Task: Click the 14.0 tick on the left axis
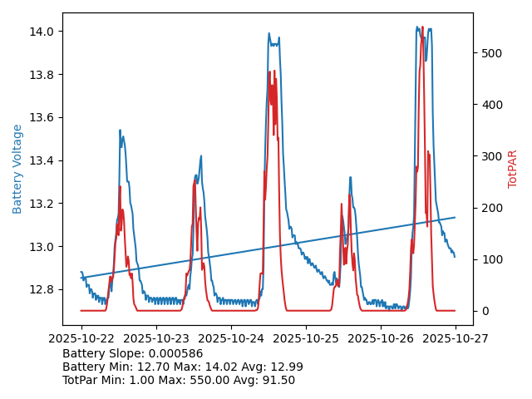[x=43, y=32]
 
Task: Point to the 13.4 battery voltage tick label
[x=43, y=160]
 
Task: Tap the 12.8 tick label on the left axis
[x=43, y=290]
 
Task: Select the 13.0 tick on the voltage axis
[x=43, y=247]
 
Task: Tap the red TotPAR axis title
[x=513, y=169]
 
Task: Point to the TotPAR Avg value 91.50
[x=278, y=380]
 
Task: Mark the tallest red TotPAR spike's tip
[x=422, y=27]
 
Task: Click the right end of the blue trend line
[x=455, y=218]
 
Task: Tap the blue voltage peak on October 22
[x=120, y=131]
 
